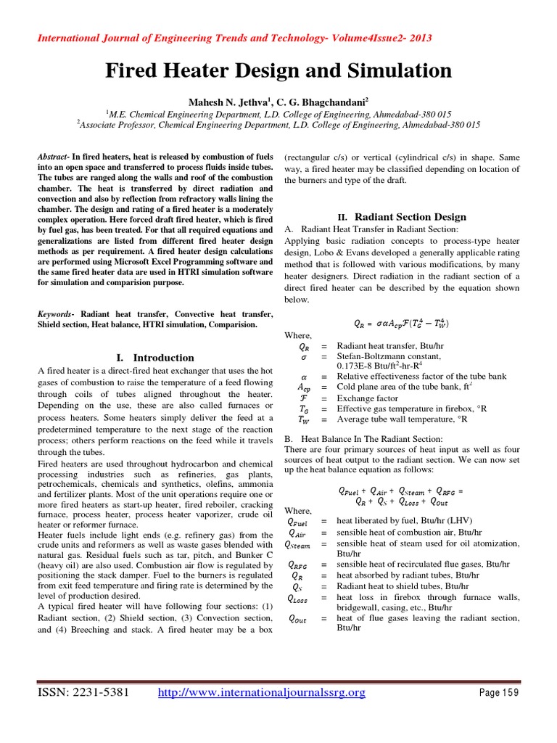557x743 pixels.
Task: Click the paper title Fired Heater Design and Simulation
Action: tap(278, 71)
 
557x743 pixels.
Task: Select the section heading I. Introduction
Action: tap(155, 358)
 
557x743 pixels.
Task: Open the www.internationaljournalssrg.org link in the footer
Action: tap(261, 693)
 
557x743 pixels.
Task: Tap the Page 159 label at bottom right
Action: tap(500, 694)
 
